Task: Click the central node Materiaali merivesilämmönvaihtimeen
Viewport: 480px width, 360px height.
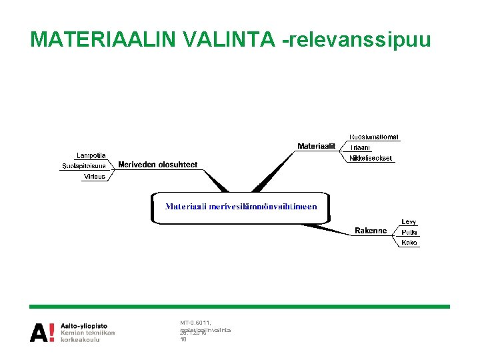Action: coord(241,207)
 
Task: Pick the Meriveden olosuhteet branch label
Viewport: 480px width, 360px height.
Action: coord(157,165)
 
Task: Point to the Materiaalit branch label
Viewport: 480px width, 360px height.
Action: coord(316,146)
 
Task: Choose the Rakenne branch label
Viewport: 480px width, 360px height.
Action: coord(371,231)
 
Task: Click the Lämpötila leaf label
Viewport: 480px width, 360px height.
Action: coord(91,155)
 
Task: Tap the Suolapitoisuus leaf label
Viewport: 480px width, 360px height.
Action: coord(84,166)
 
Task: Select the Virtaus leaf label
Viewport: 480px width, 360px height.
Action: coord(95,177)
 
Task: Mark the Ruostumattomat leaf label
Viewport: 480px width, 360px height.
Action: coord(374,137)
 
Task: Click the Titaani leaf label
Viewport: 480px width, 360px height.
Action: coord(360,147)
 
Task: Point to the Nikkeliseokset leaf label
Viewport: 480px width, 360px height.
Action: coord(371,159)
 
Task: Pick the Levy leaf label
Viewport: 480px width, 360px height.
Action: coord(409,222)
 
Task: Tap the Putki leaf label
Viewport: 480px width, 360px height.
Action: coord(409,232)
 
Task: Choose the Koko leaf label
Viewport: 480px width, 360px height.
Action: coord(409,243)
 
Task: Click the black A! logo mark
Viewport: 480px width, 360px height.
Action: coord(43,332)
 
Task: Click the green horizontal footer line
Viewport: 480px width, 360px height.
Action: coord(239,307)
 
